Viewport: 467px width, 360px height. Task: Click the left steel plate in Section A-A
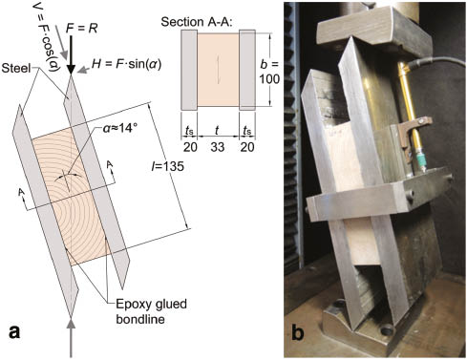point(186,73)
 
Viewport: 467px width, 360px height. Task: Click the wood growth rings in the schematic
point(67,181)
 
